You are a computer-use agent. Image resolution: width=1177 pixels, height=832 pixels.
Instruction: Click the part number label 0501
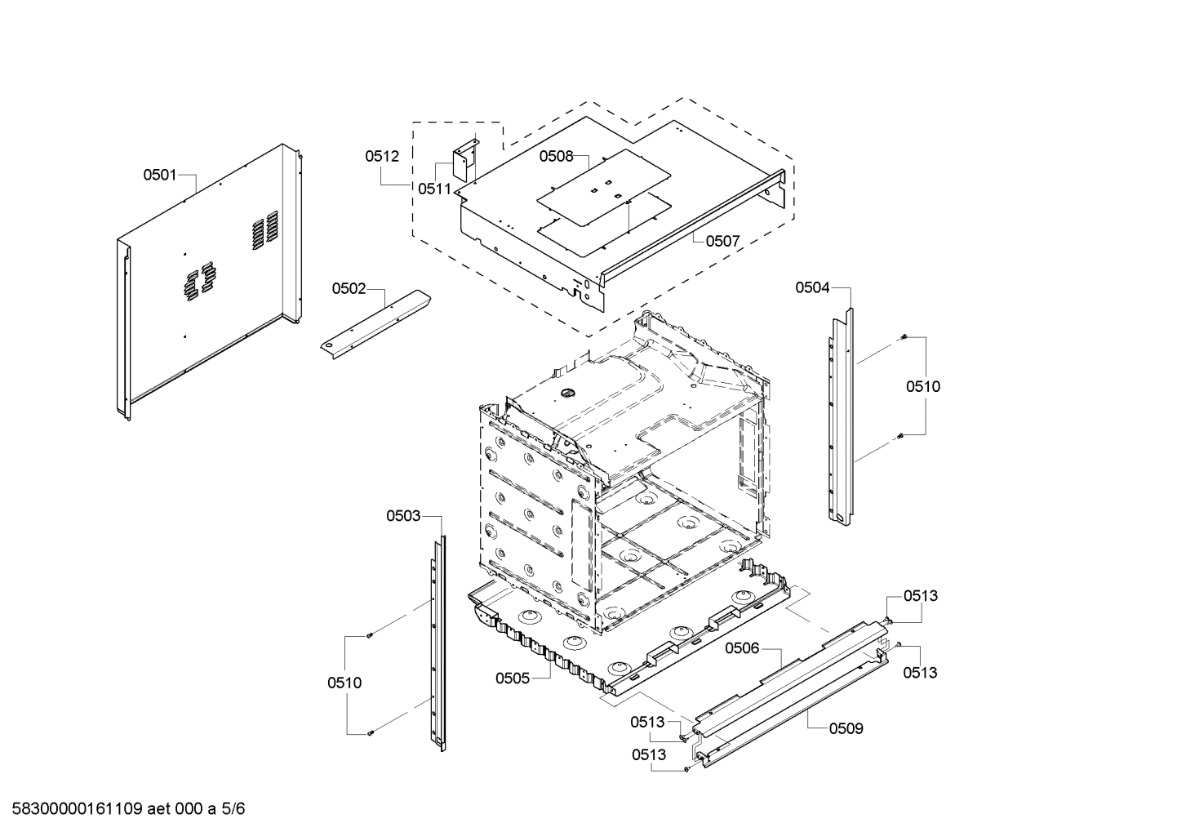160,174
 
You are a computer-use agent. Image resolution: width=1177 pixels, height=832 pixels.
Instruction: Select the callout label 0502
349,288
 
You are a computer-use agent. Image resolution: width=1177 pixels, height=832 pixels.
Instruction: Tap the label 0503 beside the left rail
403,515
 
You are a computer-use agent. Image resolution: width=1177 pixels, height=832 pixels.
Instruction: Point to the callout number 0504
812,287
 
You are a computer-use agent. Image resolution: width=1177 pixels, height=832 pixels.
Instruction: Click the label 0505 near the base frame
513,678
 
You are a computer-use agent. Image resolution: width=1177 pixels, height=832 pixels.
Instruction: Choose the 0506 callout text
742,648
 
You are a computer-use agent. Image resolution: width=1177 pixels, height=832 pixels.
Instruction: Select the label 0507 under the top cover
722,241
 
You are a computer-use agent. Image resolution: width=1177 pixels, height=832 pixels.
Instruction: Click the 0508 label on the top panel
556,156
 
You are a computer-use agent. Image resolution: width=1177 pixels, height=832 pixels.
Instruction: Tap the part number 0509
846,728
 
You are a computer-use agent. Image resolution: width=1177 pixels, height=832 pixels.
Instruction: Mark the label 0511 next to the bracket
434,189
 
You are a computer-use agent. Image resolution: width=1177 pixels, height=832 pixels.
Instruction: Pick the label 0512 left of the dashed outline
382,156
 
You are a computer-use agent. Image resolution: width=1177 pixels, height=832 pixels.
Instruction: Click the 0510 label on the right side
922,386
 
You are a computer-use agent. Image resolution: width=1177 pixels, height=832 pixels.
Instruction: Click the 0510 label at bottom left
344,683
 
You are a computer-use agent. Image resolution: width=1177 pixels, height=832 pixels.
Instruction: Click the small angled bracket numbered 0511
466,161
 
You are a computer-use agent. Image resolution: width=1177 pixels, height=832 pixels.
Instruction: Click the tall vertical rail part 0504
841,416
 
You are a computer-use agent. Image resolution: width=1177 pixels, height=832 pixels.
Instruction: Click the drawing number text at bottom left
122,809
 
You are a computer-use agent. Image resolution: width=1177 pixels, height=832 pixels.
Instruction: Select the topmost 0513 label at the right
920,596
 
